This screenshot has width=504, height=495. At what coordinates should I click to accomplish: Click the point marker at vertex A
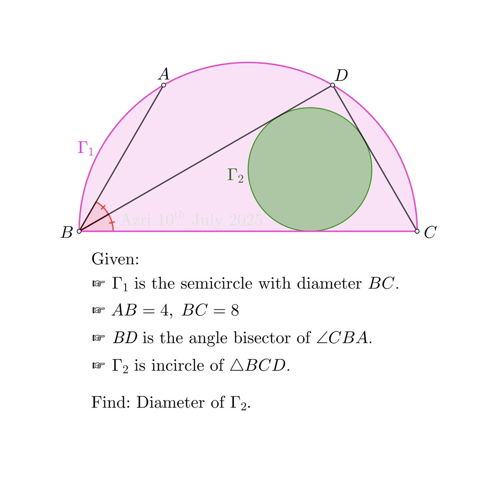point(164,85)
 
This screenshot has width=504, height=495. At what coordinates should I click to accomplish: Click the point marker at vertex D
point(333,85)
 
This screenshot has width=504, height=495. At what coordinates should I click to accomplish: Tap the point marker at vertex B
point(79,231)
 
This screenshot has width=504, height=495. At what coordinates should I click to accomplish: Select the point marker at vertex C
point(417,231)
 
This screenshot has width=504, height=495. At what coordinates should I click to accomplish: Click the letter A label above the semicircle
point(164,74)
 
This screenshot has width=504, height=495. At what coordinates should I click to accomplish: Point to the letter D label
point(341,76)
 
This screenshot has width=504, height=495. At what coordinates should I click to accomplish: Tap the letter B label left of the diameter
point(67,232)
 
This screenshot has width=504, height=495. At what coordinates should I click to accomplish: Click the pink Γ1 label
point(86,148)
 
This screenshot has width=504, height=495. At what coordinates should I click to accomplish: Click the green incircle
point(310,169)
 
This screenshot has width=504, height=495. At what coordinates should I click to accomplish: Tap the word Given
point(115,259)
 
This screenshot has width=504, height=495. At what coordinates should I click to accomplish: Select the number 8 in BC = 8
point(234,311)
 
